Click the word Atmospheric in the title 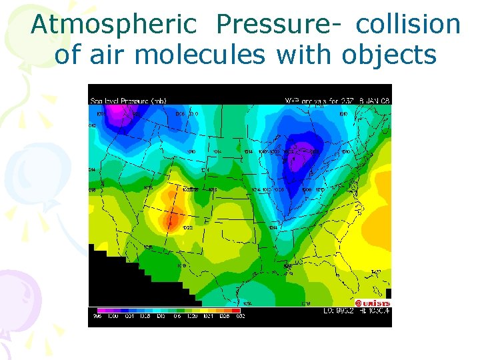113,25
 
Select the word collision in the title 408,25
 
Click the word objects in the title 389,55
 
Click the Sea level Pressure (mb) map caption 128,101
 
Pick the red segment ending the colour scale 234,310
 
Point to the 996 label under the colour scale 97,316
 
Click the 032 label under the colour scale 240,316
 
